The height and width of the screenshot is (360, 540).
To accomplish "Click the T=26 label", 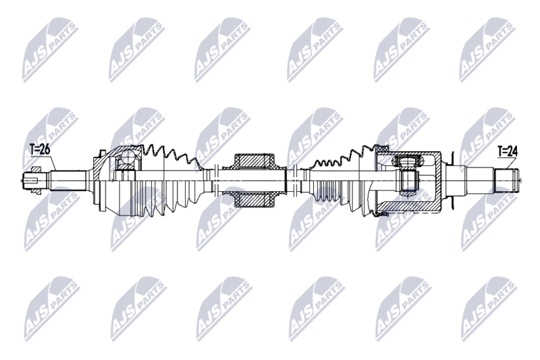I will tap(40, 149).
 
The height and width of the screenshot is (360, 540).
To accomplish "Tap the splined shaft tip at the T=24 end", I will tap(510, 180).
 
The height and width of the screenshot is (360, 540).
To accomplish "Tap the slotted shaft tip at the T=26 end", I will tap(31, 180).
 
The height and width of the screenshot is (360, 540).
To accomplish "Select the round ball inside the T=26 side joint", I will tap(125, 160).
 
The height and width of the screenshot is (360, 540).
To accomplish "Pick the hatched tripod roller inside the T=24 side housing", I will tap(406, 161).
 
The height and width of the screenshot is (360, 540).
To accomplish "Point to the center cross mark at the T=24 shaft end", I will tap(519, 180).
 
